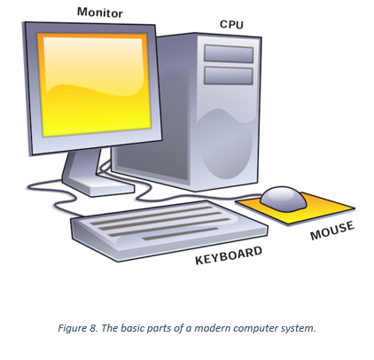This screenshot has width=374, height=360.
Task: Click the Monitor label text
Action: click(100, 12)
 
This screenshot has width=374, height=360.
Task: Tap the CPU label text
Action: click(231, 24)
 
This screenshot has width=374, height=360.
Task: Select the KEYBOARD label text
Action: click(229, 255)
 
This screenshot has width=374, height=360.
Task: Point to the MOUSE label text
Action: click(332, 231)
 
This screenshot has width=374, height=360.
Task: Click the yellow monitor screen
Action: click(95, 85)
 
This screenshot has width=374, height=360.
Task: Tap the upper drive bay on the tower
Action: click(229, 53)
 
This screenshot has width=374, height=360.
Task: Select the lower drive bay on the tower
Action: click(229, 75)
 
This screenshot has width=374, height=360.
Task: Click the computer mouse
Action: click(284, 199)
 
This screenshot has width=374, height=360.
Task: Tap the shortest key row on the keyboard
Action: click(180, 233)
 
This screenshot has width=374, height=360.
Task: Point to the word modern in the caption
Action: click(212, 328)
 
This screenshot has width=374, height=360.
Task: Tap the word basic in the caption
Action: click(133, 328)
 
